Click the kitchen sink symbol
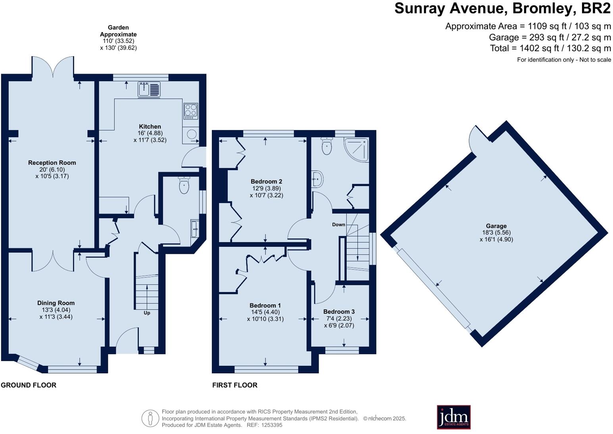(x=149, y=89)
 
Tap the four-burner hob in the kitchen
(x=191, y=111)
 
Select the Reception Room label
(x=52, y=163)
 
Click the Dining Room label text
(x=56, y=303)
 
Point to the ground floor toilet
(x=184, y=185)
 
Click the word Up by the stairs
(x=147, y=313)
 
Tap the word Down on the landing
(x=338, y=225)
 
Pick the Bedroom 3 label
(x=339, y=311)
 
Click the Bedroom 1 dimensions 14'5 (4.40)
(x=265, y=312)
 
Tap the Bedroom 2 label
(x=267, y=182)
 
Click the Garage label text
(x=496, y=226)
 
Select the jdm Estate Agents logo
(x=454, y=417)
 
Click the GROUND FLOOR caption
(x=29, y=385)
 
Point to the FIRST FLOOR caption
(x=235, y=385)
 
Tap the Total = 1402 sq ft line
(x=550, y=48)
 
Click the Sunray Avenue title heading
(x=502, y=8)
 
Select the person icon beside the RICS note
(x=150, y=418)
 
